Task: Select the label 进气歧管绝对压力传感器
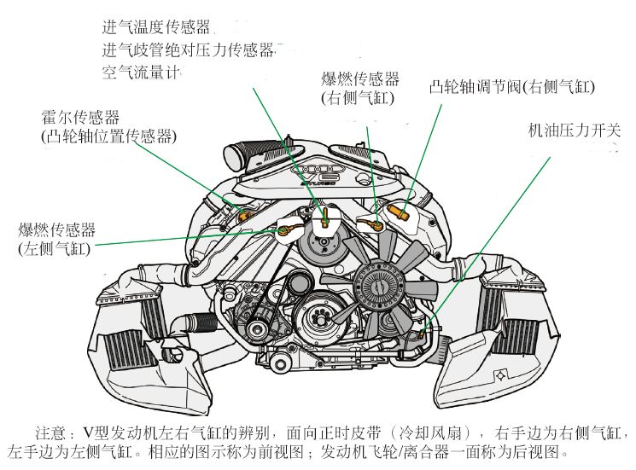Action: [x=187, y=50]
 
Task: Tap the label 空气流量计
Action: [x=143, y=73]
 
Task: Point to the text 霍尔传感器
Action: [x=80, y=117]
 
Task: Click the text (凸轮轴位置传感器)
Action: [x=108, y=136]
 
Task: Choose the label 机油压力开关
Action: [x=574, y=131]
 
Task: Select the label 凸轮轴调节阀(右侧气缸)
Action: [x=512, y=86]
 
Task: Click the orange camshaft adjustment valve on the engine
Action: [x=397, y=210]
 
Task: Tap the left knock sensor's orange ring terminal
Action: [x=284, y=229]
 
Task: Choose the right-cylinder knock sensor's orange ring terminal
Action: [x=373, y=225]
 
